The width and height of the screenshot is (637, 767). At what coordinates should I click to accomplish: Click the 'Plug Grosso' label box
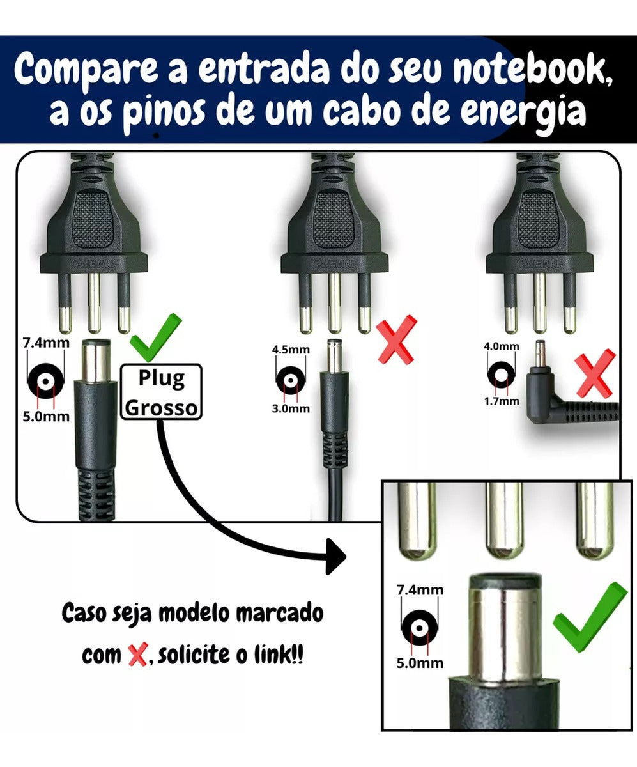point(161,392)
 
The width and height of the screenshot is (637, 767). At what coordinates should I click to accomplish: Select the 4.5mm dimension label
point(291,350)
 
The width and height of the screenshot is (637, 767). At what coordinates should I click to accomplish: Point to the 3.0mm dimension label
point(291,408)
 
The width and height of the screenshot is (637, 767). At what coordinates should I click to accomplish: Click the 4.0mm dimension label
point(502,346)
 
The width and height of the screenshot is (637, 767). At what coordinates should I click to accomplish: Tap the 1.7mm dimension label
point(502,401)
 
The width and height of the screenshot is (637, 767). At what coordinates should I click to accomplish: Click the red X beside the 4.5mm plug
point(396,340)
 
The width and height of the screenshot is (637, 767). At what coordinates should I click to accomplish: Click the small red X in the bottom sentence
point(136,655)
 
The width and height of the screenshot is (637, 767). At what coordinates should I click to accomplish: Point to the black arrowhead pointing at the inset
point(335,556)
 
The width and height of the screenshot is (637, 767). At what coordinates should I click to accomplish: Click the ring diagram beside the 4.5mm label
point(291,380)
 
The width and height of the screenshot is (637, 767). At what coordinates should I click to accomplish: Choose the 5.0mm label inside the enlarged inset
point(419,663)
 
